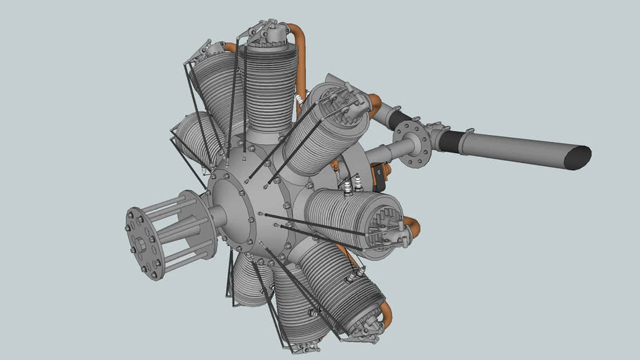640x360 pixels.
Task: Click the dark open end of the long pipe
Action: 579,157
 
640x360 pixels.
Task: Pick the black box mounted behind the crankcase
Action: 378,176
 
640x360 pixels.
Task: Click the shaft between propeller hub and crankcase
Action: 215,215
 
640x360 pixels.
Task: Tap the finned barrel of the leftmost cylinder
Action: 190,141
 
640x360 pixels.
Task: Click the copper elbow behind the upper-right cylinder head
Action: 374,103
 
